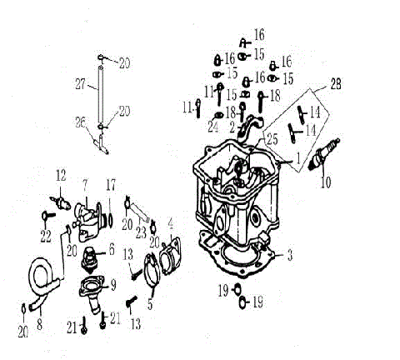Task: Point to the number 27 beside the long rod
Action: pyautogui.click(x=80, y=83)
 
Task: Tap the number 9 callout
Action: pyautogui.click(x=112, y=282)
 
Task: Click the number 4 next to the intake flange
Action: pyautogui.click(x=171, y=223)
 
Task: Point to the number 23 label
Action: pyautogui.click(x=142, y=231)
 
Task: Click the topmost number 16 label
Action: pyautogui.click(x=259, y=34)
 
